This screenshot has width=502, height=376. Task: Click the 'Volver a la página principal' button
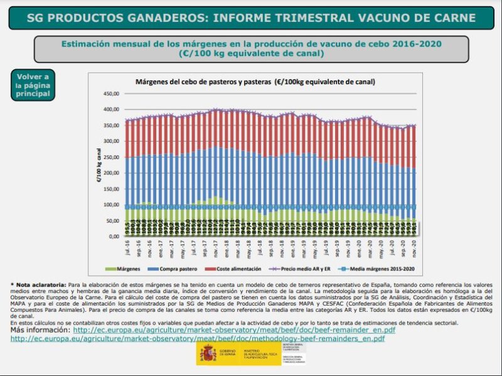click(33, 86)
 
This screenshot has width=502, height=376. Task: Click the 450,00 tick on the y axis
click(110, 94)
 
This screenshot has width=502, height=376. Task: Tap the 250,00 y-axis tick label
click(110, 157)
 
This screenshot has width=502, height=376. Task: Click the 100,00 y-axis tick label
click(110, 205)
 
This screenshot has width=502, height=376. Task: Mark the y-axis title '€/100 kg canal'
click(99, 165)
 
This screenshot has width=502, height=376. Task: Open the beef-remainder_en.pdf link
click(234, 330)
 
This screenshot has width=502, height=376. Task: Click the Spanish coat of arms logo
click(208, 354)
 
